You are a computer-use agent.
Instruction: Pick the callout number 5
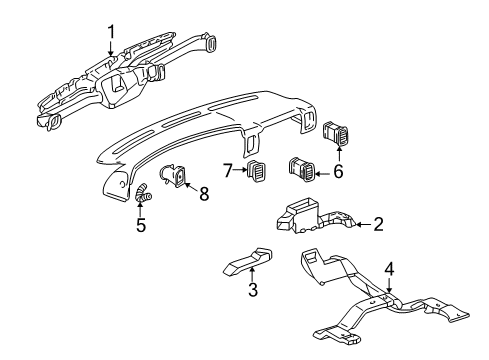pos(140,225)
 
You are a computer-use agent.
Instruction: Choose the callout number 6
pos(336,171)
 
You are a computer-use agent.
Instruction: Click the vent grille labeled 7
pos(260,172)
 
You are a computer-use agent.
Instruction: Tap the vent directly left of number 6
pos(302,169)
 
